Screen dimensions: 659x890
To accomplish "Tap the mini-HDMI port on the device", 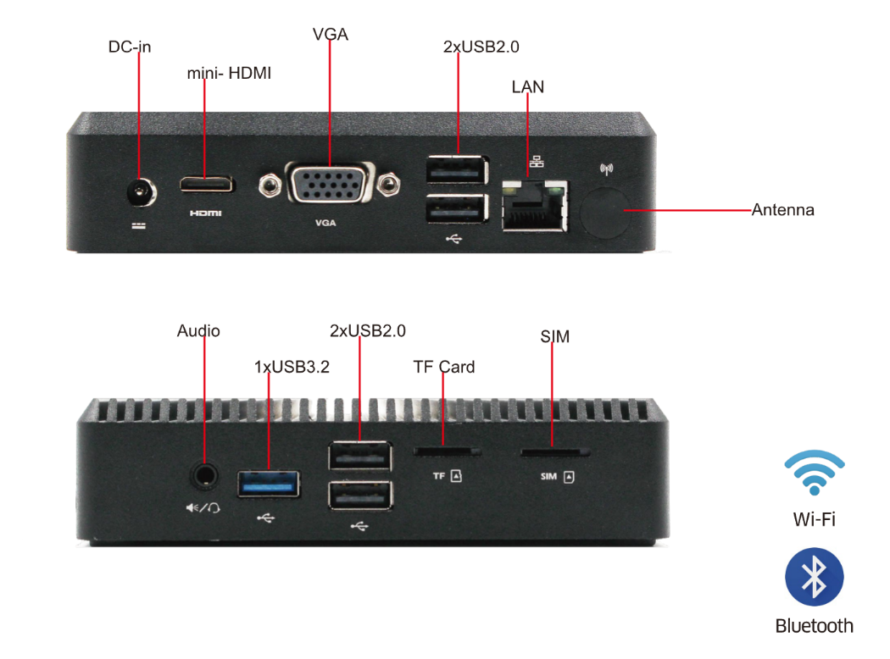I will [205, 183].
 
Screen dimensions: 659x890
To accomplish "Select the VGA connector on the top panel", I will [329, 183].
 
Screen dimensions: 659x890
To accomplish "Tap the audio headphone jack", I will [204, 474].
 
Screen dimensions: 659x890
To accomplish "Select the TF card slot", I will [447, 451].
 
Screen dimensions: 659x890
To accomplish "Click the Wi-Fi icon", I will [814, 472].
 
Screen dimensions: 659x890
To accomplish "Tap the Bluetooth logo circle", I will [814, 577].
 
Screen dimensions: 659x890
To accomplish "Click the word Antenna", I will [782, 210].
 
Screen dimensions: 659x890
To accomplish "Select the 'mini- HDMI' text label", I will [229, 74].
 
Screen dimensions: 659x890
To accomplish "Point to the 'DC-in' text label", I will [130, 47].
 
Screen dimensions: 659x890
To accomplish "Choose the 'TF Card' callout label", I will [444, 367].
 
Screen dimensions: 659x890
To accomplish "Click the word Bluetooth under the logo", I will [814, 626].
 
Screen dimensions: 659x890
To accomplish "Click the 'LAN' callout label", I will [528, 86].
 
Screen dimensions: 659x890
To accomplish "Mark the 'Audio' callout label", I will [198, 330].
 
